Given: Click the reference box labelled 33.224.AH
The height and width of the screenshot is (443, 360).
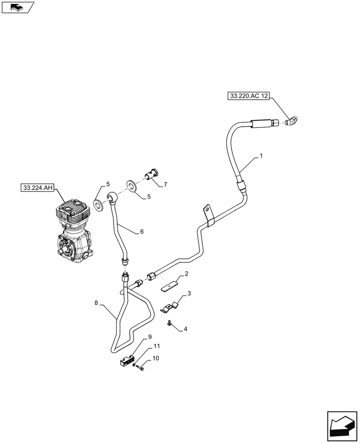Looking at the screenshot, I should pos(37,188).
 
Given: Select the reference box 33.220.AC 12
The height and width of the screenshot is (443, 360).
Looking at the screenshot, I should pos(249,95).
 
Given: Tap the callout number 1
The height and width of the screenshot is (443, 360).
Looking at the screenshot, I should pos(261,155).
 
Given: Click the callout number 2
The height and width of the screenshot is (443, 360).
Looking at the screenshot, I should pos(187,274).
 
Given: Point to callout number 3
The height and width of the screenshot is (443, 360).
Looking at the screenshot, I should pos(189,293).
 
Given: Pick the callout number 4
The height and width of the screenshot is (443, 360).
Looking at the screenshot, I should pos(186,329).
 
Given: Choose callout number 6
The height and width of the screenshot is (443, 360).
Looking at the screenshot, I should pos(142,231).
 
